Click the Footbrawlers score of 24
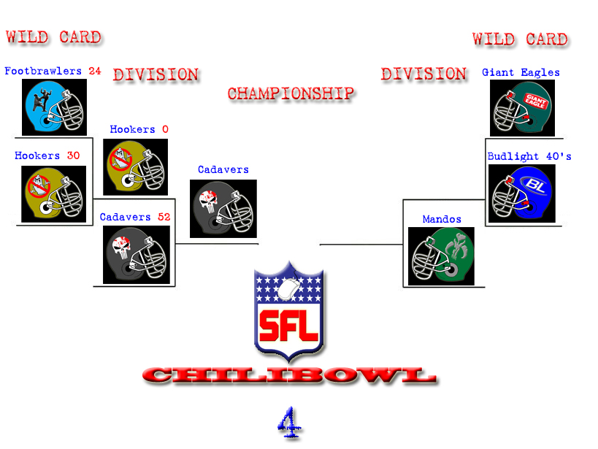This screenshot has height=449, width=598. pos(95,71)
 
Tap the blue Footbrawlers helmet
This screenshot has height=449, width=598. pos(54,107)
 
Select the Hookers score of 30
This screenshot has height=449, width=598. pos(73,156)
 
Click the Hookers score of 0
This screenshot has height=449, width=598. pos(165,129)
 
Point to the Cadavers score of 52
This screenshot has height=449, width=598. pos(164,217)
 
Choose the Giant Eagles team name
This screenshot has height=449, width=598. pos(521,72)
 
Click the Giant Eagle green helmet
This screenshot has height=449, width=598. pos(522,108)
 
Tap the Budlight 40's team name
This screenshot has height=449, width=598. pos(529,156)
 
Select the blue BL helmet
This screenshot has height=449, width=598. pos(522,193)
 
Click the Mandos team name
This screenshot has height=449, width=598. pos(442,219)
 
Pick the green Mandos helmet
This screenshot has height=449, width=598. pos(441,256)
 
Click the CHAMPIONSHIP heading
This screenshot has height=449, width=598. pos(291,94)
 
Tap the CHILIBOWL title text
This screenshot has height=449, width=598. pos(290,375)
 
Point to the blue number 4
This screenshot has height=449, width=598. pos(289,423)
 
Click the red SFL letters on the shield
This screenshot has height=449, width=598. pos(288,325)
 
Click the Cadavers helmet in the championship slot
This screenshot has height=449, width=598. pos(223,209)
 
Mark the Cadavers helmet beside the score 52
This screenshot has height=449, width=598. pos(136,255)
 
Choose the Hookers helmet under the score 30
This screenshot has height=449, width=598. pos(54,194)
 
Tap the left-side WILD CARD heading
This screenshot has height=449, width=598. pos(53,37)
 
